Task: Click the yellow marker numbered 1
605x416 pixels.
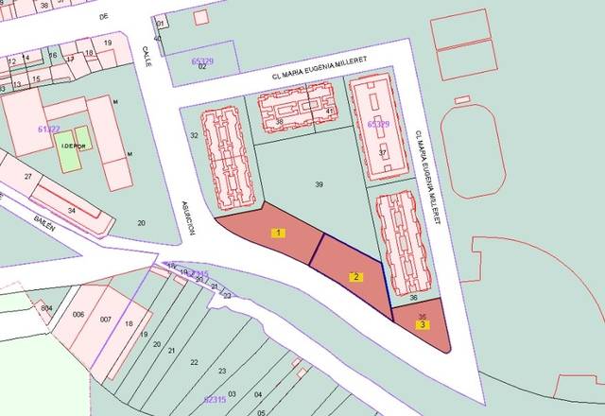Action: click(x=279, y=232)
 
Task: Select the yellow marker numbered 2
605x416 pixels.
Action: click(x=355, y=277)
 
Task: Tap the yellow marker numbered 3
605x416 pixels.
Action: click(x=423, y=324)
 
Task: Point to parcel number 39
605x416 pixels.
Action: click(x=320, y=185)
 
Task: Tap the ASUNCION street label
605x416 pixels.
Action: click(x=187, y=217)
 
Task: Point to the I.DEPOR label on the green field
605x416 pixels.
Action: click(x=73, y=146)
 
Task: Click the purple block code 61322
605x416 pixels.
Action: click(x=49, y=129)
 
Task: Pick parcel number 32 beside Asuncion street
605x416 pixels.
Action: click(x=194, y=136)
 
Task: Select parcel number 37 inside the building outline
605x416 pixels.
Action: click(x=382, y=151)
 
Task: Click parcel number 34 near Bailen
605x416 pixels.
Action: click(x=71, y=210)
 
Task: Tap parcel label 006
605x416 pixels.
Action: click(x=78, y=315)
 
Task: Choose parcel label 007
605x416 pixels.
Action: click(x=106, y=320)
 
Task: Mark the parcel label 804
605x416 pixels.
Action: click(x=46, y=309)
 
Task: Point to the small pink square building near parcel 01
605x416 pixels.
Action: click(x=200, y=17)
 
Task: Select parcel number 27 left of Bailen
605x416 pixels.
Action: click(x=28, y=177)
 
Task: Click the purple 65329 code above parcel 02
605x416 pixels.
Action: click(x=202, y=61)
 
